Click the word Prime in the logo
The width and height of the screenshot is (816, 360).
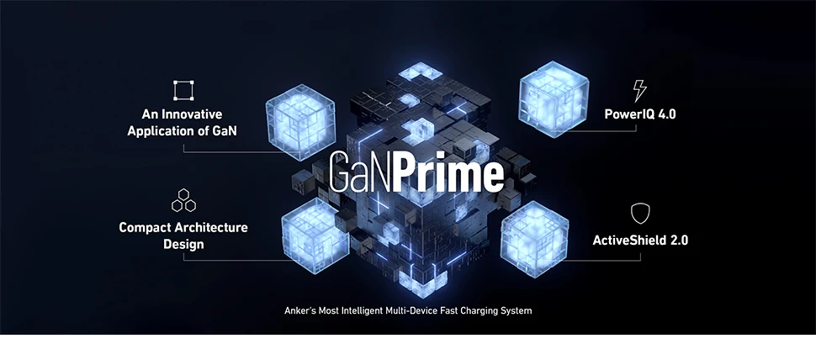pos(458,172)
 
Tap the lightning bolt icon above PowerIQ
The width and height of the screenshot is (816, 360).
pos(639,91)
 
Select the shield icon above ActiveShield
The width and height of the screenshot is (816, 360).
pos(640,214)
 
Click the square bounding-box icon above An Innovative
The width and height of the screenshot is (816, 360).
pos(183,90)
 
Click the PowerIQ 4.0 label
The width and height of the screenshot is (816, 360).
pos(639,114)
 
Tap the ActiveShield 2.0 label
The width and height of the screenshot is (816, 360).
pos(640,240)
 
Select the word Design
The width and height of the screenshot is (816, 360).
pos(183,245)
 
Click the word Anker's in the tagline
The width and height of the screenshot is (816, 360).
pos(300,311)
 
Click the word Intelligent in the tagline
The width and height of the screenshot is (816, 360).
pos(371,311)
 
